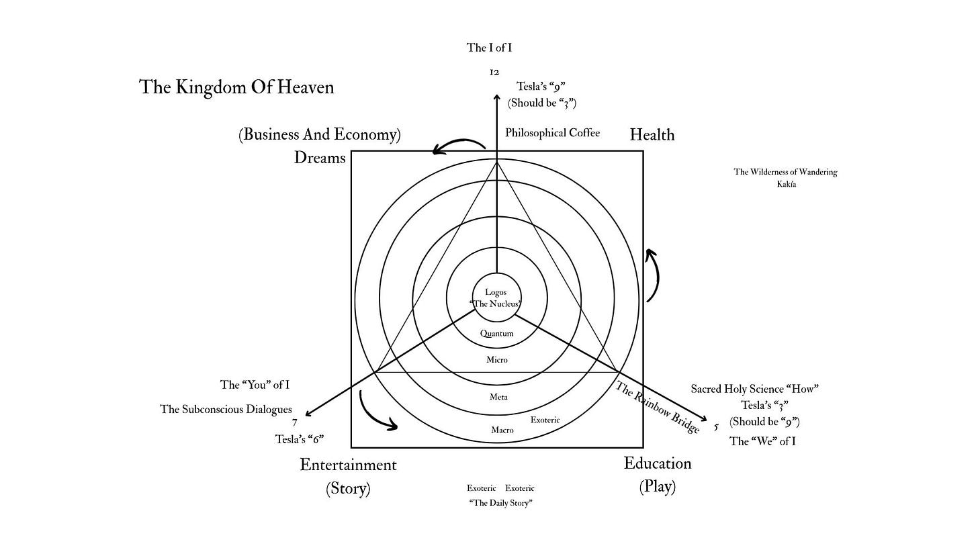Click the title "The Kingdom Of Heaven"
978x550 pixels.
click(x=236, y=87)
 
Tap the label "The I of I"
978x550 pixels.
click(x=490, y=48)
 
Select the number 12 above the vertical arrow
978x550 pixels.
click(x=494, y=72)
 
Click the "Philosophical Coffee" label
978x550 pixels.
click(x=552, y=133)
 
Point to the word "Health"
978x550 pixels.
click(x=652, y=135)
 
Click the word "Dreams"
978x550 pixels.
click(x=320, y=158)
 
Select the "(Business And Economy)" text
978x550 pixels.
click(x=319, y=134)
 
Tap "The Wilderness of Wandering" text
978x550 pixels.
click(x=785, y=172)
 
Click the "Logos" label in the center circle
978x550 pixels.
click(x=496, y=293)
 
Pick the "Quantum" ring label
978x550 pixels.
click(x=497, y=334)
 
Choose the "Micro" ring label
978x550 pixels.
click(x=497, y=360)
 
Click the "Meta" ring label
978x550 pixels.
click(x=498, y=397)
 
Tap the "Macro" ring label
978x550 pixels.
click(x=502, y=430)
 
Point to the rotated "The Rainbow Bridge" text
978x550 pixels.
click(x=658, y=408)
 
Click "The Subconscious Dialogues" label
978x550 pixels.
click(x=226, y=409)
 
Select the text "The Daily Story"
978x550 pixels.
click(x=500, y=503)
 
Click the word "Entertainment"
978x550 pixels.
click(x=348, y=465)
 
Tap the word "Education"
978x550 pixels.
click(x=657, y=463)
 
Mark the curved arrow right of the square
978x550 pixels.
click(x=653, y=275)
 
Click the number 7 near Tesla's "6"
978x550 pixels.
click(x=295, y=423)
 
